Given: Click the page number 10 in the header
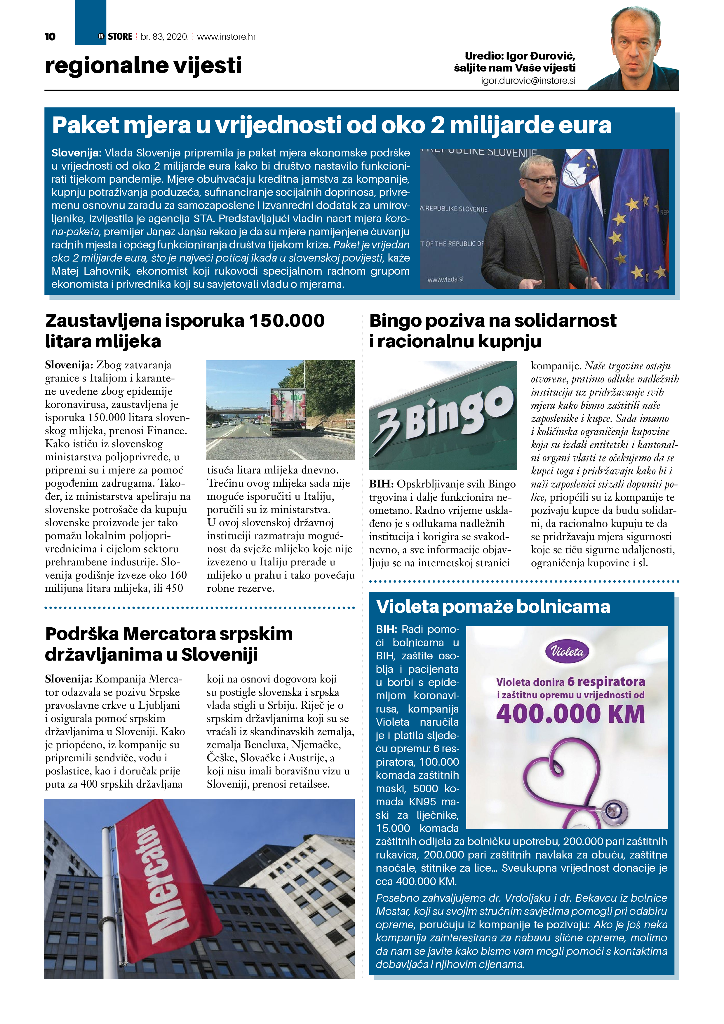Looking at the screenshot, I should click(50, 36).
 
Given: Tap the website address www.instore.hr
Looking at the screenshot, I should click(226, 36).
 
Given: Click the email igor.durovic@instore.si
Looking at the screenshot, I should click(528, 81).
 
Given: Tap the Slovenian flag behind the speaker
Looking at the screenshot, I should click(580, 187).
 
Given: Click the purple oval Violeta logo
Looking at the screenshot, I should click(567, 652).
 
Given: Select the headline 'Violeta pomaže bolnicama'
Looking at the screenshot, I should click(493, 607).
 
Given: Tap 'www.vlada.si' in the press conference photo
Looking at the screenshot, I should click(445, 279).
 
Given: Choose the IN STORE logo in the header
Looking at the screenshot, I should click(116, 36).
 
